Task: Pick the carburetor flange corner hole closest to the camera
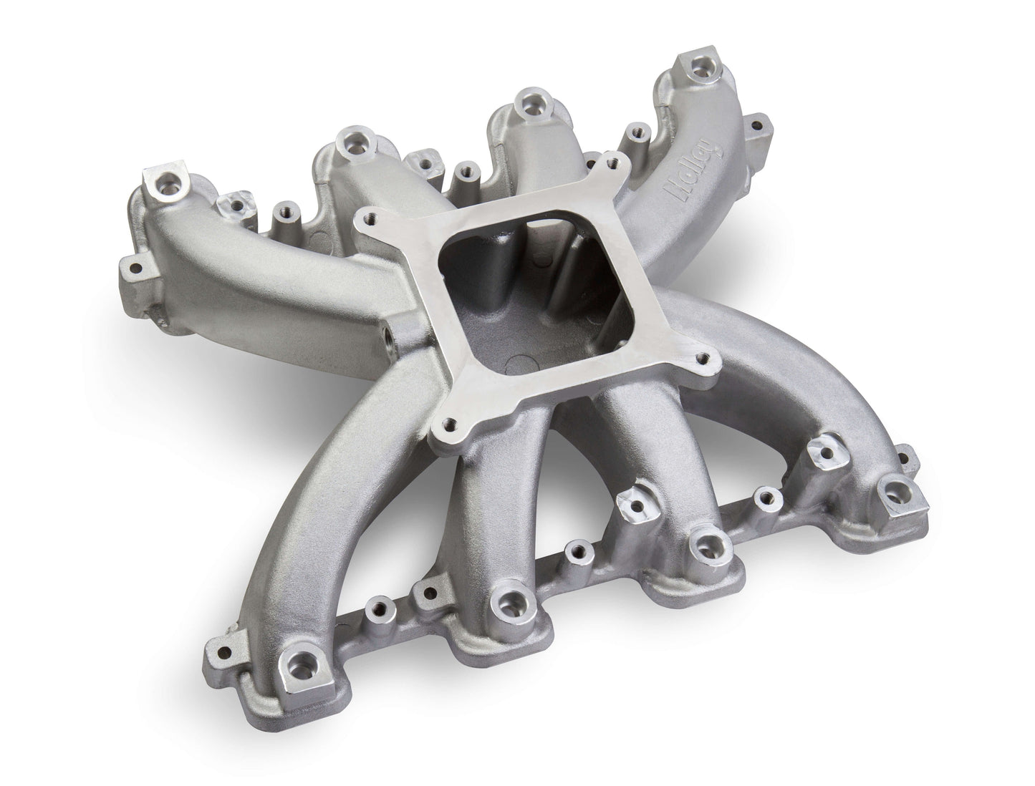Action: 451,424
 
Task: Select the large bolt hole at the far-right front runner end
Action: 893,490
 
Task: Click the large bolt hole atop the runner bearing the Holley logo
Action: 695,67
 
